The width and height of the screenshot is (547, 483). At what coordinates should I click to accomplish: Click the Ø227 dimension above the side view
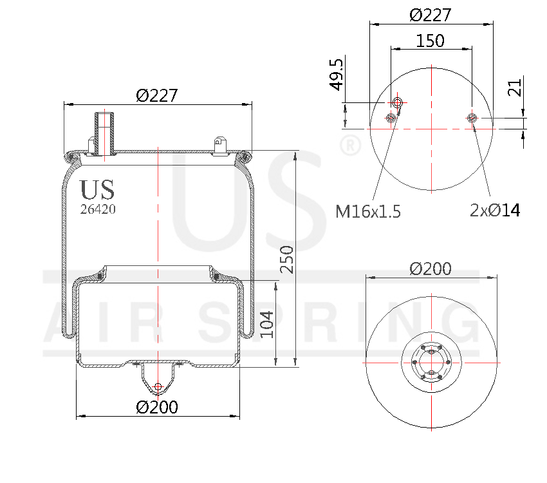coord(157,95)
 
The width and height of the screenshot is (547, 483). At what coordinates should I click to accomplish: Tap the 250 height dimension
coord(288,259)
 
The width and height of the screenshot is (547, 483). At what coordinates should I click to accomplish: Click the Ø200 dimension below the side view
coord(157,407)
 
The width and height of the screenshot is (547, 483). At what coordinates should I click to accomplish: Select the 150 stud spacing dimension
coord(431,41)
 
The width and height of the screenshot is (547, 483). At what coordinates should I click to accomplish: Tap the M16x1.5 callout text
coord(368,211)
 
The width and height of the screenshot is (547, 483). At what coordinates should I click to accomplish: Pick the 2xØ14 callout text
coord(495,210)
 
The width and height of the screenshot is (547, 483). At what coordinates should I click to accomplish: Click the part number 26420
coord(98,209)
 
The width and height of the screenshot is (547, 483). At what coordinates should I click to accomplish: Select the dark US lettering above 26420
coord(97,190)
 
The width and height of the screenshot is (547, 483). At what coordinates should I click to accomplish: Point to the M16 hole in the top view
coord(398,103)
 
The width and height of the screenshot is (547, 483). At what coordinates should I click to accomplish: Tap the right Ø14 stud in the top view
coord(472,117)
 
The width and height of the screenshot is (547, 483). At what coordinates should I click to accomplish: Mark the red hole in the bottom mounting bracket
coord(158,387)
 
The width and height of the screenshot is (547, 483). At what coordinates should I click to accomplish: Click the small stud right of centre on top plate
coord(220,144)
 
